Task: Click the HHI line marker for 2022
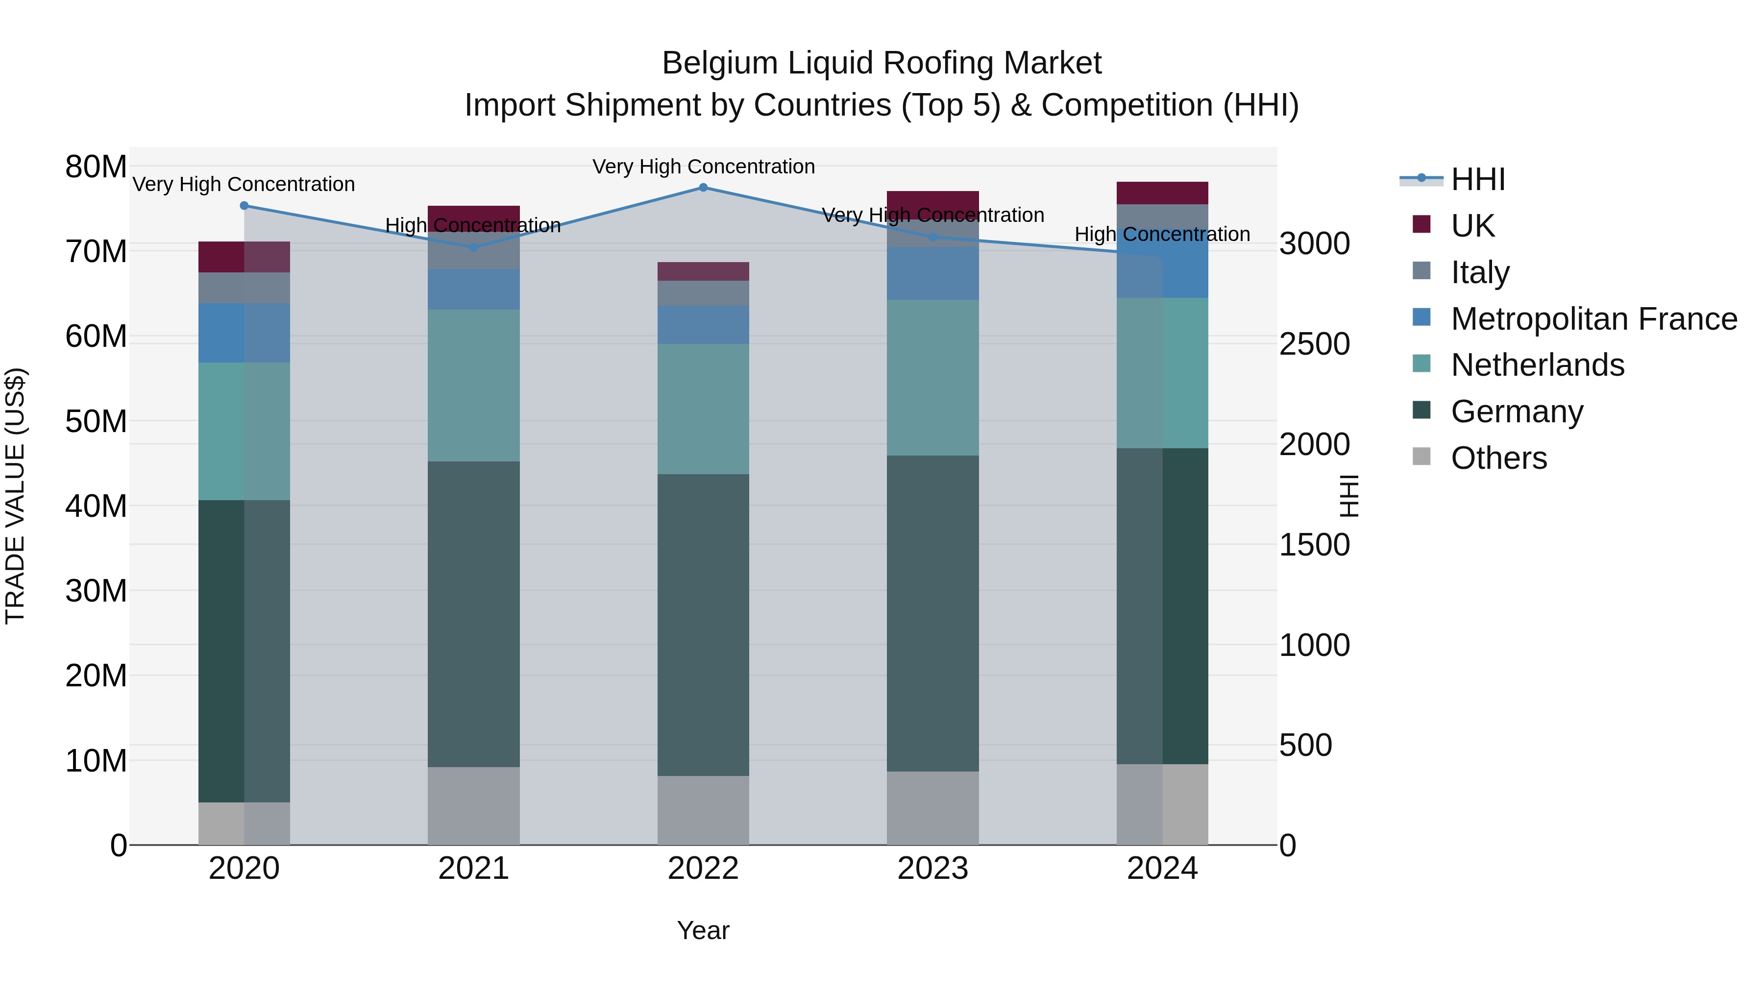click(703, 188)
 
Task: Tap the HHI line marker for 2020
click(244, 205)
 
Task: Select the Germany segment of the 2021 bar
click(474, 614)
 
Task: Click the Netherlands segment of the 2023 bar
click(932, 377)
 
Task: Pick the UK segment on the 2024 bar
click(1162, 193)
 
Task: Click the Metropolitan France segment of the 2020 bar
click(244, 333)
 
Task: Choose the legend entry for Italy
click(1479, 272)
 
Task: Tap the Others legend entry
click(1498, 458)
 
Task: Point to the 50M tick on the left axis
click(96, 421)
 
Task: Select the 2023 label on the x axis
click(932, 869)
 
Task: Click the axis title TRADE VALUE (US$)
click(15, 496)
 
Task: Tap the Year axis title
click(703, 930)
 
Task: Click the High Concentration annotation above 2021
click(473, 225)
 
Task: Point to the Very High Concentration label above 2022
click(703, 167)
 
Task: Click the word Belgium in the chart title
click(720, 64)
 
